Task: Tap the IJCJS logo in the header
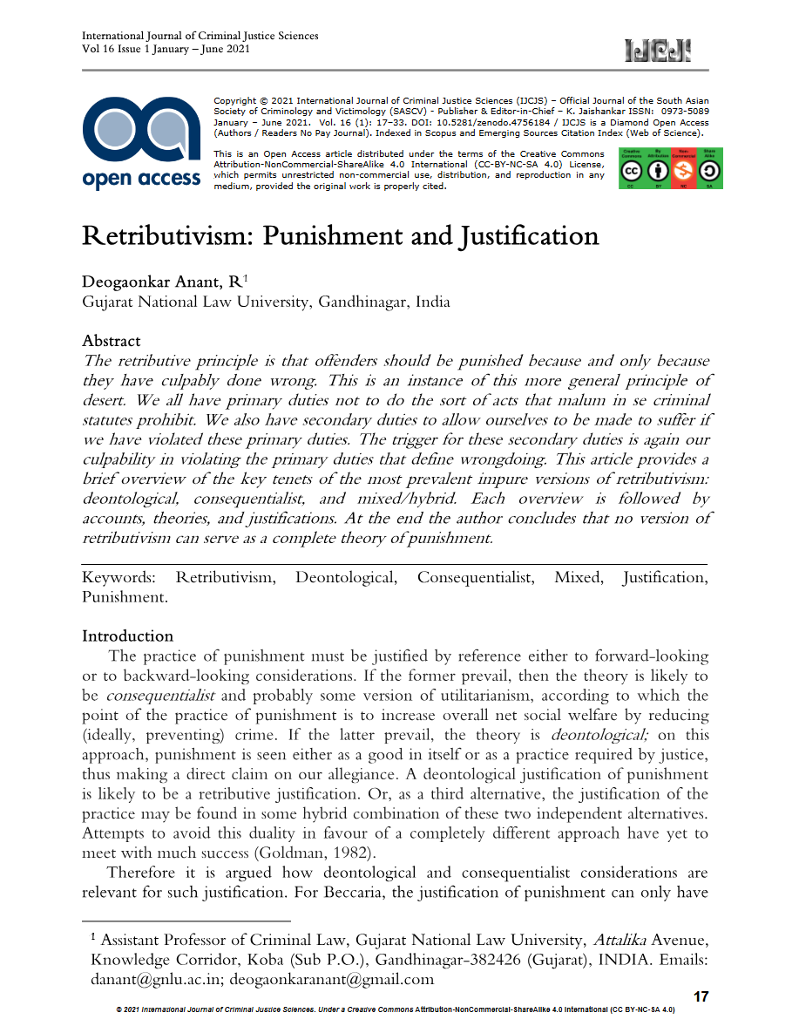click(658, 51)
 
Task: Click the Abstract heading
click(112, 341)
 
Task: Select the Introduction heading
click(127, 635)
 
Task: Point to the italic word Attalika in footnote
click(619, 941)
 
